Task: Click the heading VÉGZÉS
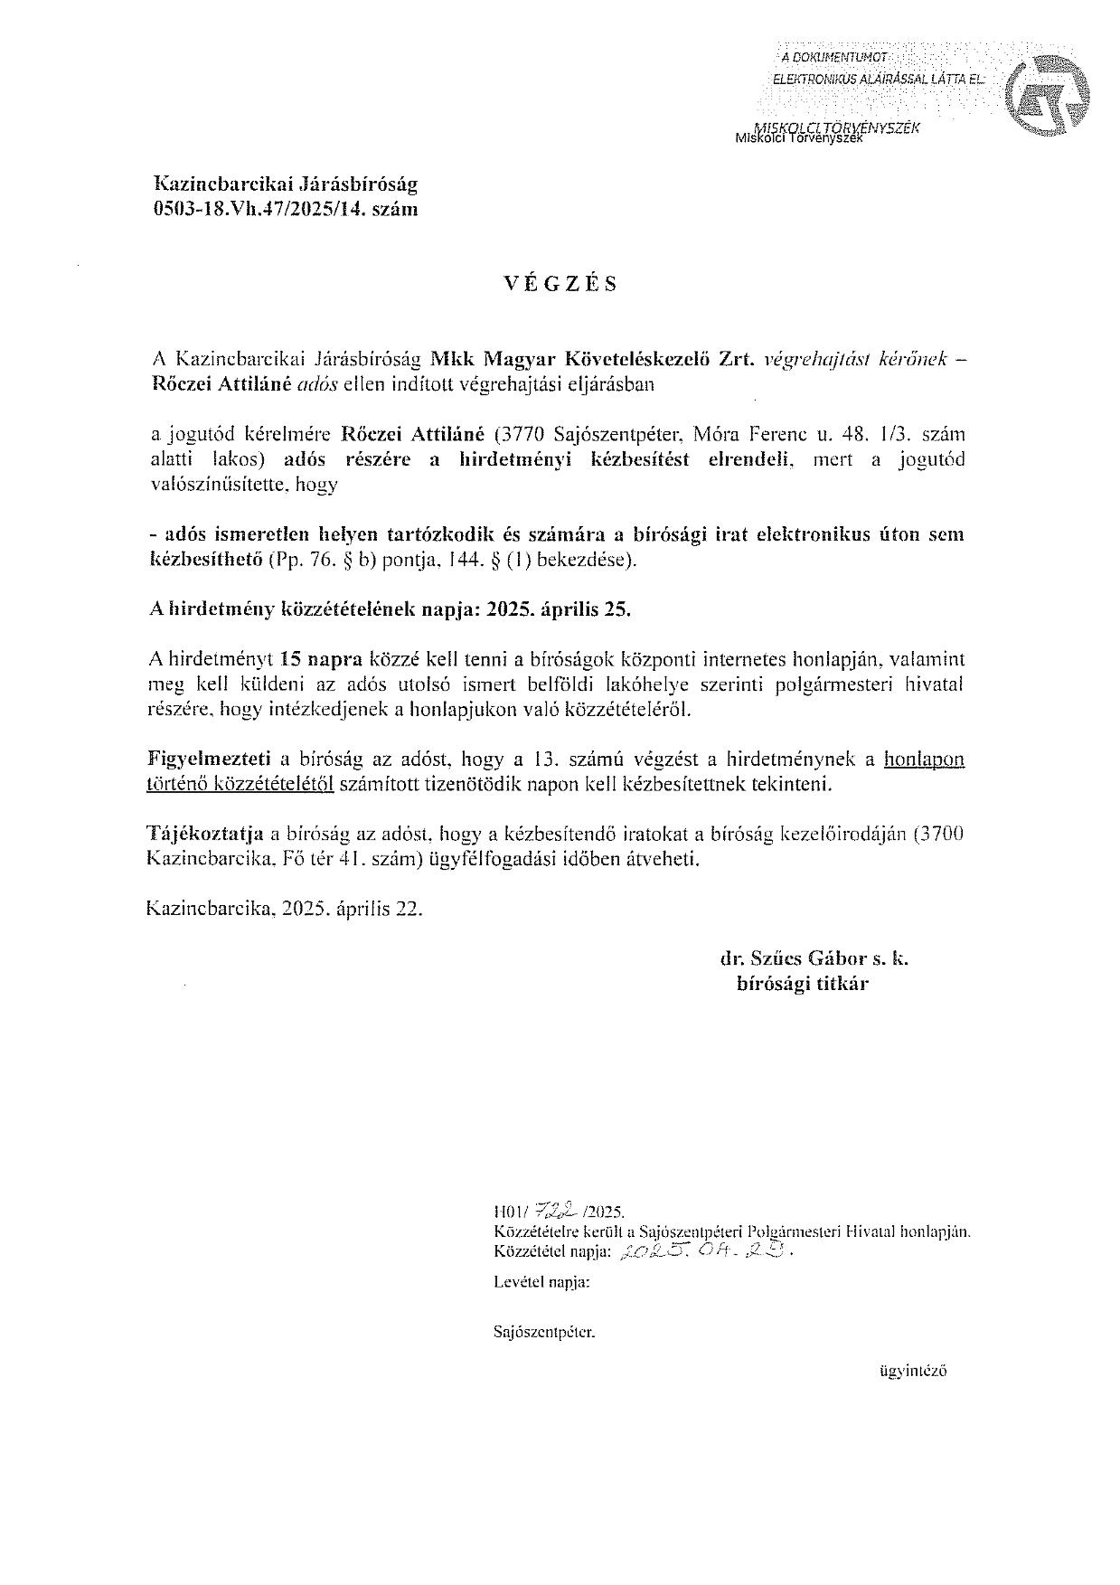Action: (560, 284)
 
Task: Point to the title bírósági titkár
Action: (803, 985)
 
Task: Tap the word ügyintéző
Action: (912, 1371)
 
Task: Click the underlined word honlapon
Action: (924, 759)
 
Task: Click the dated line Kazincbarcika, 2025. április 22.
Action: (284, 909)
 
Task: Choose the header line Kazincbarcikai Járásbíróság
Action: (286, 184)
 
